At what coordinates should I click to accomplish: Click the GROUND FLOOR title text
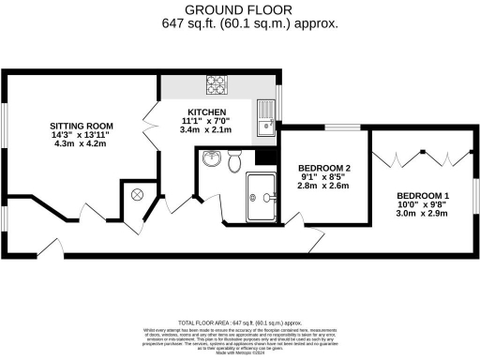click(239, 9)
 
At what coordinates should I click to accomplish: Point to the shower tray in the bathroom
click(262, 196)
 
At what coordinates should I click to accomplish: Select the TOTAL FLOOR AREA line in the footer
click(239, 320)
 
